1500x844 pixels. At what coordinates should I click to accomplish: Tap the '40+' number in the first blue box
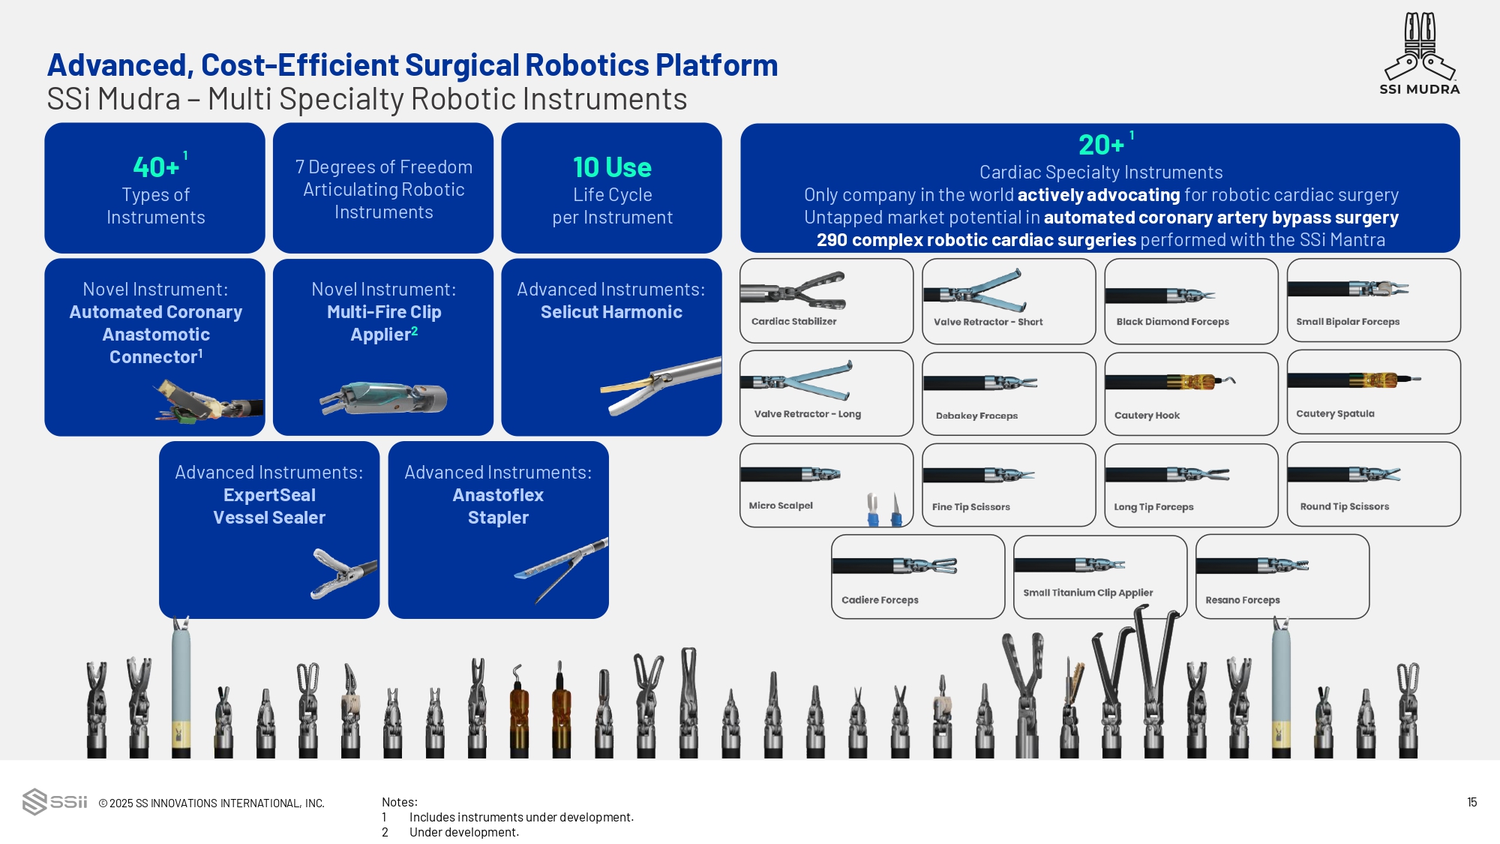(156, 167)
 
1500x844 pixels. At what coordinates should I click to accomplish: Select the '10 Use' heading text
(612, 167)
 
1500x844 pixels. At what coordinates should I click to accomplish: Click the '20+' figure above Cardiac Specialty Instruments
(1101, 144)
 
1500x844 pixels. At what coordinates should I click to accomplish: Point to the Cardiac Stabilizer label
(793, 321)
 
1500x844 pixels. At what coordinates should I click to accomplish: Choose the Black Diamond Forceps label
(1172, 322)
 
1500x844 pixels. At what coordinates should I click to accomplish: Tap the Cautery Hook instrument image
(1170, 382)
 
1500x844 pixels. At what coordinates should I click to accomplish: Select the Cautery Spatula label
(1335, 413)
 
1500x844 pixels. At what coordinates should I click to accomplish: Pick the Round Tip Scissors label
(1344, 506)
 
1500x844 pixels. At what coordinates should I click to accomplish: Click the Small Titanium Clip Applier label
(1087, 593)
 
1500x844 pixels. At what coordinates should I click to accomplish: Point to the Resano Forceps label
(1242, 600)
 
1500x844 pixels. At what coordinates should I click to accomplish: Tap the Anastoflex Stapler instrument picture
(561, 570)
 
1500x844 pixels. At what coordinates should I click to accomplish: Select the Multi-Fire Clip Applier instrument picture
(383, 398)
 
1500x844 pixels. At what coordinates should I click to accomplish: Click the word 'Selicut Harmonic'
(611, 312)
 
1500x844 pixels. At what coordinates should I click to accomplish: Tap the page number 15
(1471, 802)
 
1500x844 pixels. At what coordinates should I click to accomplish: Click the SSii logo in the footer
(55, 801)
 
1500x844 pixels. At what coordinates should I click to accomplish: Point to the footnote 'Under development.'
(463, 832)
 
